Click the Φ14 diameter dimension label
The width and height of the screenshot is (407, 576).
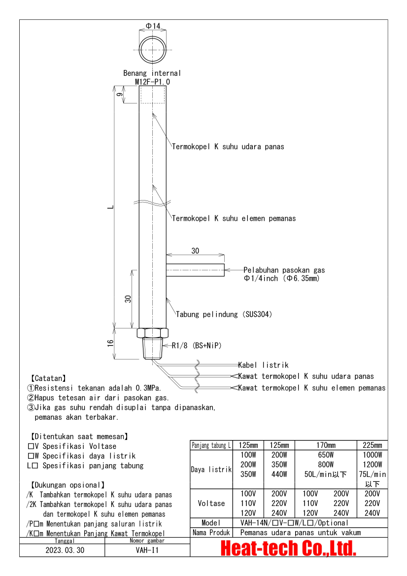(153, 26)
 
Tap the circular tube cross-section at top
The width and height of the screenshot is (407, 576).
(153, 50)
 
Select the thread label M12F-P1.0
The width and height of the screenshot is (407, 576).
(152, 81)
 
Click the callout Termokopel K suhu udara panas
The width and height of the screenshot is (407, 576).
(228, 146)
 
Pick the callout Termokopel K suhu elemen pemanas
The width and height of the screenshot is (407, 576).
(234, 218)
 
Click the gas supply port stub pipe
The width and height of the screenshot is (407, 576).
(195, 270)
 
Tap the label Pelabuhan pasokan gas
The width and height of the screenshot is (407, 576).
(284, 270)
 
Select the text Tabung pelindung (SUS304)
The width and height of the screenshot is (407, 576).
(224, 314)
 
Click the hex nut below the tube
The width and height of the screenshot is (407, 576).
(153, 333)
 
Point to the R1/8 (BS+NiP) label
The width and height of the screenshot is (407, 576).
(196, 345)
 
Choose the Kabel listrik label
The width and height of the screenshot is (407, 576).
(263, 365)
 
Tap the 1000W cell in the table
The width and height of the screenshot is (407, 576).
(372, 455)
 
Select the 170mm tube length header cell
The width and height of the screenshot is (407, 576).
(325, 445)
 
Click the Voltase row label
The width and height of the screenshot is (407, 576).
(211, 503)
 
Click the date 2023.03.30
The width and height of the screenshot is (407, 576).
(62, 550)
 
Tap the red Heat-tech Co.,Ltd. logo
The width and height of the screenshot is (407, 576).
(288, 547)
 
